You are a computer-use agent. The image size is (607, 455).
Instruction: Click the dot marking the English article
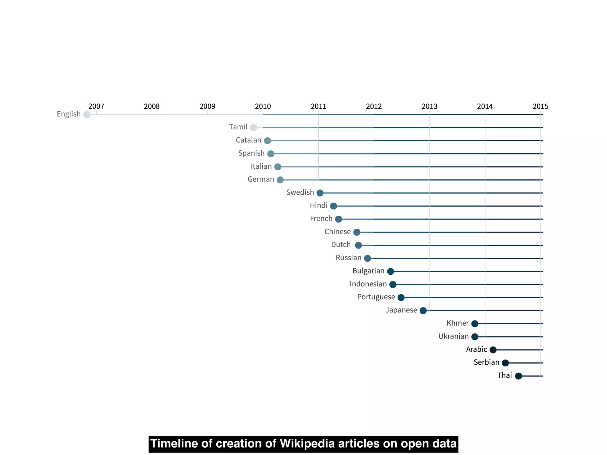[87, 115]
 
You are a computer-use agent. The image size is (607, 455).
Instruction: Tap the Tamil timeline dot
[253, 128]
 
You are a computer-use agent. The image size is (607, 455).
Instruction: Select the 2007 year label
[96, 106]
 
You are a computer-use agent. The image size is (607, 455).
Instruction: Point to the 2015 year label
[540, 106]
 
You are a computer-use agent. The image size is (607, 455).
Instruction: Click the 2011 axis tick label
[318, 106]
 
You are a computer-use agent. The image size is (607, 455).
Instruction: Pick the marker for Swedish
[320, 193]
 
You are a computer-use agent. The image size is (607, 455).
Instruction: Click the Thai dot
[518, 376]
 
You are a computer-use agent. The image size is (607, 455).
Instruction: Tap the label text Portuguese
[376, 297]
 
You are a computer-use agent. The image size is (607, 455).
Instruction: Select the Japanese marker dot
[423, 311]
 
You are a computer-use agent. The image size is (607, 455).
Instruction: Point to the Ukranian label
[453, 337]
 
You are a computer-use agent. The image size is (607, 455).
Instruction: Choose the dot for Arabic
[493, 350]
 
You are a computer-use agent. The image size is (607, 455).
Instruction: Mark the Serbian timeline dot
[505, 363]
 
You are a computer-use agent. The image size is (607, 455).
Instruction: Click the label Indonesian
[368, 284]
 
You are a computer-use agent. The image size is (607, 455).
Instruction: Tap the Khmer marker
[475, 324]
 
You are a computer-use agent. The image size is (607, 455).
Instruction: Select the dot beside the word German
[280, 180]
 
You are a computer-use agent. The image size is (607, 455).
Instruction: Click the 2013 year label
[429, 106]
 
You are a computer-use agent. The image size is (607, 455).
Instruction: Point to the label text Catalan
[248, 140]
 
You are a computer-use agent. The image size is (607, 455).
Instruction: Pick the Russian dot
[368, 258]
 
